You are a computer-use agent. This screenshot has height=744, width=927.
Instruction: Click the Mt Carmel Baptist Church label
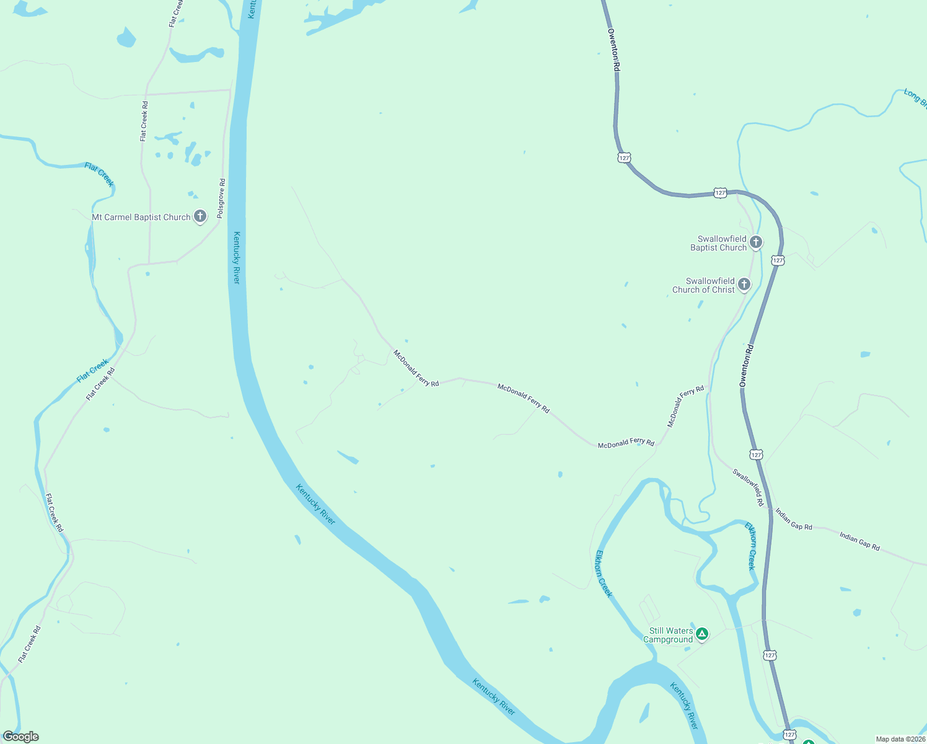pyautogui.click(x=141, y=218)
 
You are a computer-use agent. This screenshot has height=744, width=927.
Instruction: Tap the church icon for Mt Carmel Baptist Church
pyautogui.click(x=200, y=216)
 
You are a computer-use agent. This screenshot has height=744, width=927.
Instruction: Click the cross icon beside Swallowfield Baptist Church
pyautogui.click(x=756, y=242)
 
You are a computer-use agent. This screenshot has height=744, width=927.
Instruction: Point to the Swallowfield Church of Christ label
pyautogui.click(x=704, y=285)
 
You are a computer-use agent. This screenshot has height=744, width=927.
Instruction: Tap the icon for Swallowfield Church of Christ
pyautogui.click(x=744, y=284)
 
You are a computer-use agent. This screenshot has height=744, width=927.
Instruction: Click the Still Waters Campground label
pyautogui.click(x=669, y=635)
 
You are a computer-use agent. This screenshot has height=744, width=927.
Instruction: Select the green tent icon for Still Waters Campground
pyautogui.click(x=702, y=634)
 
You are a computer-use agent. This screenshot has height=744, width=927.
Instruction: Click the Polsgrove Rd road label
pyautogui.click(x=221, y=198)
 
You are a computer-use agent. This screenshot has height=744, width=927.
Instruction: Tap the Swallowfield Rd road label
pyautogui.click(x=749, y=487)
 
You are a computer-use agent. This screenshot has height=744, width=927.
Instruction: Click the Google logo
pyautogui.click(x=21, y=737)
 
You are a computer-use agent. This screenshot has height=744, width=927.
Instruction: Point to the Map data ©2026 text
pyautogui.click(x=900, y=739)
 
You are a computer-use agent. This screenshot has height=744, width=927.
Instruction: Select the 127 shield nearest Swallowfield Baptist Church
pyautogui.click(x=778, y=260)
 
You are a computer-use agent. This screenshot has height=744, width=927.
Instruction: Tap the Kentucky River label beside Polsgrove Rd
pyautogui.click(x=237, y=257)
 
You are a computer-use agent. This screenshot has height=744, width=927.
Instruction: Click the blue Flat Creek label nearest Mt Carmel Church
pyautogui.click(x=100, y=174)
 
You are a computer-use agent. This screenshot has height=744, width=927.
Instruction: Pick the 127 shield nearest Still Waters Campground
pyautogui.click(x=770, y=655)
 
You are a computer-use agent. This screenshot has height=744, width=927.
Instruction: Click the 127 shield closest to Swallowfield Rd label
pyautogui.click(x=756, y=454)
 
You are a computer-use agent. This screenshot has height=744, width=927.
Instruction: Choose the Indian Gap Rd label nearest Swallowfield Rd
pyautogui.click(x=794, y=519)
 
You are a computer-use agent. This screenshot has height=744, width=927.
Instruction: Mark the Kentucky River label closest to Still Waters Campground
pyautogui.click(x=684, y=706)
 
